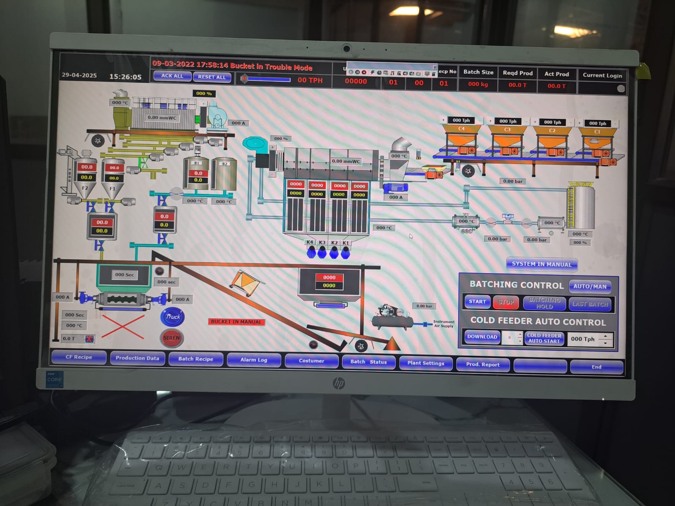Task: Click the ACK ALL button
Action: tap(172, 76)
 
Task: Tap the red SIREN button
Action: tap(172, 338)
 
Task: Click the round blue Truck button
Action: tap(173, 317)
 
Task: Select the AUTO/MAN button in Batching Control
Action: tap(589, 286)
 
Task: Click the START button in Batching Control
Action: tap(477, 302)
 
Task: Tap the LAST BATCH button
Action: tap(590, 304)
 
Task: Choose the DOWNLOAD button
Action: tap(482, 337)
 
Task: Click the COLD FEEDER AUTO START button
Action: tap(544, 338)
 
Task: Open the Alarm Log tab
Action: tap(254, 360)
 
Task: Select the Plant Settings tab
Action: tap(426, 363)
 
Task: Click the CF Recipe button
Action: tap(79, 357)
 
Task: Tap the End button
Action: tap(596, 367)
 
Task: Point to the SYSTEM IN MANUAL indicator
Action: tap(542, 264)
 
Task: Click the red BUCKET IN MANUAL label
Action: tap(236, 322)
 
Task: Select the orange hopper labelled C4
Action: tap(461, 137)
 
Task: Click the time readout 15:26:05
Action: tap(125, 77)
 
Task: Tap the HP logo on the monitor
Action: tap(339, 383)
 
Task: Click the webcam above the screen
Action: tap(346, 48)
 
